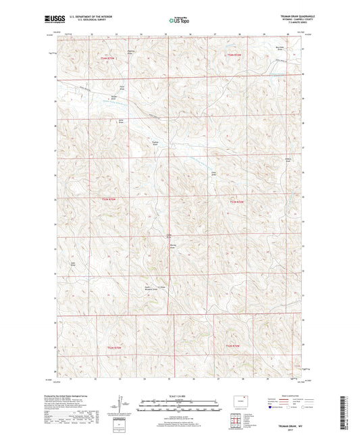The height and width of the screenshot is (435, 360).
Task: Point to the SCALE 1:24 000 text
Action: [179, 396]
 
